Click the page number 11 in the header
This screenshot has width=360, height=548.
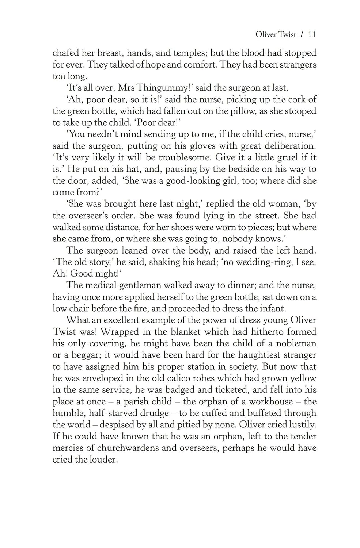coord(312,35)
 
